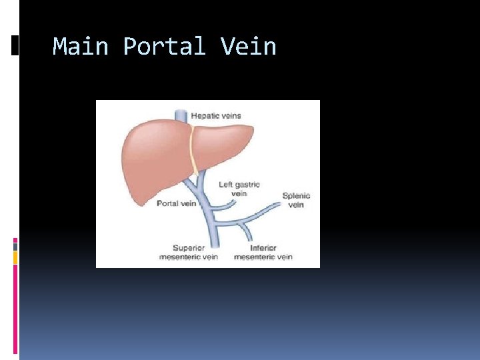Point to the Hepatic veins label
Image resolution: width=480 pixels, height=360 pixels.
[x=216, y=116]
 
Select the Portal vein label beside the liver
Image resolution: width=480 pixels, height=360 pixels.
[x=176, y=203]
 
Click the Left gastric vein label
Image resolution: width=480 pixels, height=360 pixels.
[x=239, y=189]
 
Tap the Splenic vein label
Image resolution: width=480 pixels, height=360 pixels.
[x=296, y=200]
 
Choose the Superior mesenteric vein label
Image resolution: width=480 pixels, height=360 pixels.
[x=189, y=252]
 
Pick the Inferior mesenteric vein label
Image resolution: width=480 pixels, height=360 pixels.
[x=263, y=252]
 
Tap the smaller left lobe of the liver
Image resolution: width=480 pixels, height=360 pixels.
[x=223, y=143]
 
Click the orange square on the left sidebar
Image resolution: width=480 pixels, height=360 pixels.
[x=15, y=257]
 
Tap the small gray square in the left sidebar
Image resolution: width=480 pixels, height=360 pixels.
[x=15, y=245]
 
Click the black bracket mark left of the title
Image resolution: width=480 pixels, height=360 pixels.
[x=15, y=45]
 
